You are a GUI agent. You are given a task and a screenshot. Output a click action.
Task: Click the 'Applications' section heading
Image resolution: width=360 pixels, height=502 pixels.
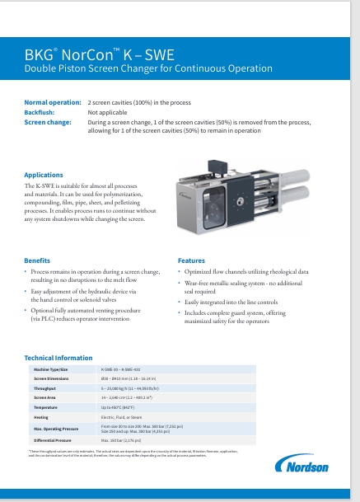(43, 175)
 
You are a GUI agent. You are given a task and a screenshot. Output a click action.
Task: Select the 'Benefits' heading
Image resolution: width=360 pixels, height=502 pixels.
(38, 260)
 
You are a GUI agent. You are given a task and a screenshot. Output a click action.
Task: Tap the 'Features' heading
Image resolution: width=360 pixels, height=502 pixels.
(191, 260)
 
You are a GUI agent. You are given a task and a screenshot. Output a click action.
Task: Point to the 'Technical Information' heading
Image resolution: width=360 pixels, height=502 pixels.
(58, 358)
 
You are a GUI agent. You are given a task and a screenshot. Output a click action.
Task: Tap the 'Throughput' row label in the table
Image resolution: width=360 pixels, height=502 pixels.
(45, 387)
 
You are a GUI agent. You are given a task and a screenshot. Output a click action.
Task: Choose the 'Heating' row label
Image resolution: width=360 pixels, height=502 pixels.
(41, 417)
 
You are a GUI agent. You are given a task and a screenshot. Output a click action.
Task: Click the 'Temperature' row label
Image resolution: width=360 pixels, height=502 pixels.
(45, 407)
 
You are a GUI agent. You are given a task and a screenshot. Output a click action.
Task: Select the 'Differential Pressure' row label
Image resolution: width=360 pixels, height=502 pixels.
(53, 441)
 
